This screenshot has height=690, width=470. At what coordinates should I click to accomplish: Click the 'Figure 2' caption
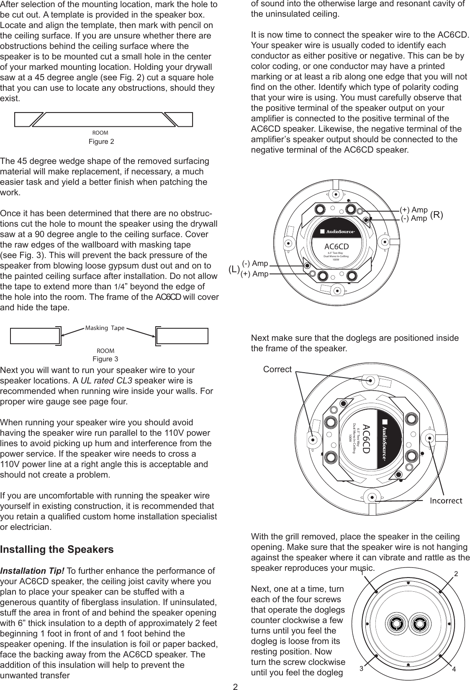click(101, 141)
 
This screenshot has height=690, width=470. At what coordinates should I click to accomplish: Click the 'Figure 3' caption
click(105, 359)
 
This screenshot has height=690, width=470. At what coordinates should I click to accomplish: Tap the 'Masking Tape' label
click(105, 328)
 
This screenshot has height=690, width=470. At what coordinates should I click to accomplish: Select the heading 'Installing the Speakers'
click(57, 549)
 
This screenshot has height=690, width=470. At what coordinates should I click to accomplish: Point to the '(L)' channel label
click(234, 270)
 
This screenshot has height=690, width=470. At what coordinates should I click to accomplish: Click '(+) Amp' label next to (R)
click(413, 210)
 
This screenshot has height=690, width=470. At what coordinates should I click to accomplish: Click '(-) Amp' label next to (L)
click(255, 263)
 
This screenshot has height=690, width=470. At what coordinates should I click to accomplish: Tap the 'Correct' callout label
click(277, 369)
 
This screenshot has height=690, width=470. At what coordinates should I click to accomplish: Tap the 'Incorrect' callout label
click(446, 501)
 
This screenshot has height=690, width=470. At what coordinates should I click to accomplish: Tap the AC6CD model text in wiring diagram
click(337, 247)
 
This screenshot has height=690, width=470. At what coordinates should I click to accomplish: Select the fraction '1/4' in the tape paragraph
click(119, 287)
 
